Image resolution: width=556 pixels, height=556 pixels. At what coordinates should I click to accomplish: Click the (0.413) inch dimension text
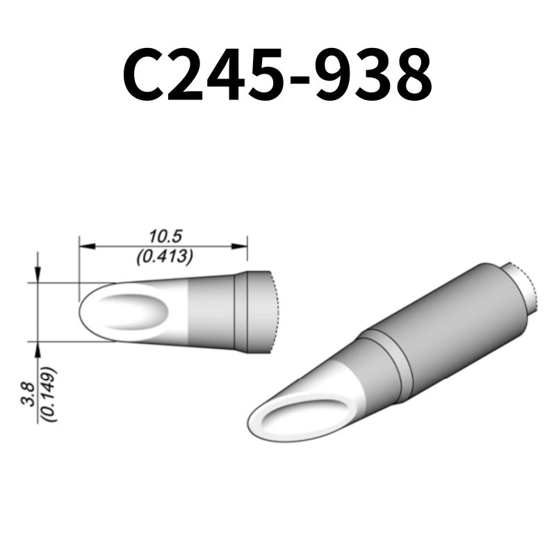(164, 256)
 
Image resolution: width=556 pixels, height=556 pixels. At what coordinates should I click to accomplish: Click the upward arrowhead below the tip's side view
(38, 347)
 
